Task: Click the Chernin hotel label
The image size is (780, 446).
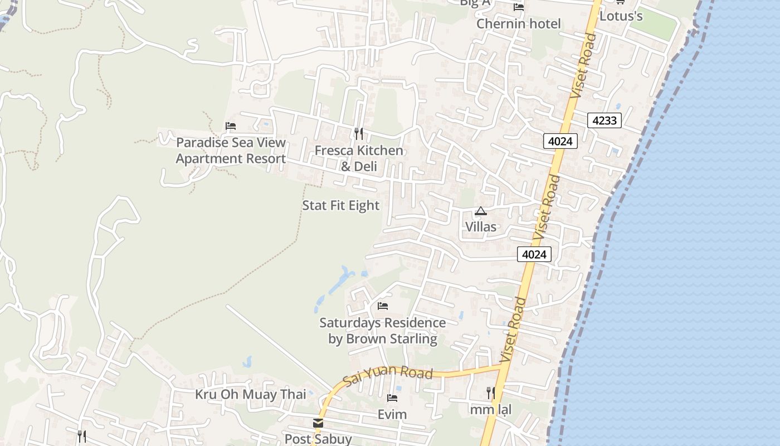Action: point(518,24)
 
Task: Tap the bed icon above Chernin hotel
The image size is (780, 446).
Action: point(519,7)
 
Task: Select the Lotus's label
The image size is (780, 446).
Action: point(621,16)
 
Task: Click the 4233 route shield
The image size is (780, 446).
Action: point(604,120)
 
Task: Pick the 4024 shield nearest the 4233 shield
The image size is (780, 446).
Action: point(560,141)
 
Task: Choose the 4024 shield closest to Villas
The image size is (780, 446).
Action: point(534,254)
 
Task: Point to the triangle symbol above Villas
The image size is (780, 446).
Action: point(481,211)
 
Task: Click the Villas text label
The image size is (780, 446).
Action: point(481,227)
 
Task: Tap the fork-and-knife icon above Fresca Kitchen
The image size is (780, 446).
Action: point(359,134)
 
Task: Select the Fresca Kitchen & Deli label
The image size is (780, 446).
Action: point(359,158)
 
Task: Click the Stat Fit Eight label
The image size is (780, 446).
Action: point(340,206)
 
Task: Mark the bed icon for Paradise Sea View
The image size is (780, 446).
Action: point(231,126)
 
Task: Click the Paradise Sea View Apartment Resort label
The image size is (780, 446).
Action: point(231,151)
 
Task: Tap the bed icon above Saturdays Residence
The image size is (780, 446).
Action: point(383,306)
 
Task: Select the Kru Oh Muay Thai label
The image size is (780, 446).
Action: point(250,395)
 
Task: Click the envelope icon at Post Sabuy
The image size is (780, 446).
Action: point(318,423)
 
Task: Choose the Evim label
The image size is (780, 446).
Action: point(392,414)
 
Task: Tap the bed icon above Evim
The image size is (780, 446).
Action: point(392,398)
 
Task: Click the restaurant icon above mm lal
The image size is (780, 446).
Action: point(490,393)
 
